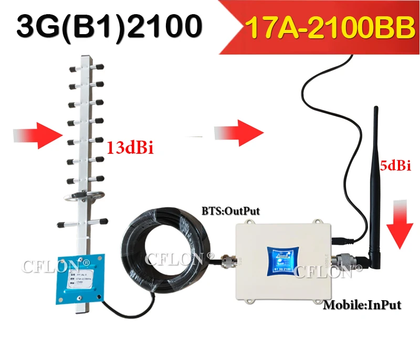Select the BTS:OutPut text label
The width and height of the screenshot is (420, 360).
[230, 211]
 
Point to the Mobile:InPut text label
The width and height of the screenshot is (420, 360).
[362, 304]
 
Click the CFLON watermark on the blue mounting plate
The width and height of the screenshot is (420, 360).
[52, 266]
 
